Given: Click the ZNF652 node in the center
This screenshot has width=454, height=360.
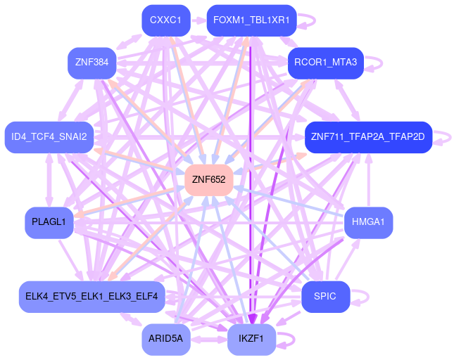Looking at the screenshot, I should (208, 180).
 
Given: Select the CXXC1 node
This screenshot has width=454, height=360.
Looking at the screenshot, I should (165, 20).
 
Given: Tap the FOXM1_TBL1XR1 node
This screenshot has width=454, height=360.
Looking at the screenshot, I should (251, 20).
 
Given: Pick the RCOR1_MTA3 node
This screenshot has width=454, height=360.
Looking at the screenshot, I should (325, 63).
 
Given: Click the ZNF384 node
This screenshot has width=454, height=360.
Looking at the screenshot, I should (92, 63).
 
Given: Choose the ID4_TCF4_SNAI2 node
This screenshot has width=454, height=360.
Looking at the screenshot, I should (49, 136).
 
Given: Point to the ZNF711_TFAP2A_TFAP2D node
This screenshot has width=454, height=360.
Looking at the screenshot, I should (367, 136).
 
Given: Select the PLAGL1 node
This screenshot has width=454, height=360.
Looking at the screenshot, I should (49, 222).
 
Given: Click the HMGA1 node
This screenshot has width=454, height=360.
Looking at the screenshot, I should (368, 222).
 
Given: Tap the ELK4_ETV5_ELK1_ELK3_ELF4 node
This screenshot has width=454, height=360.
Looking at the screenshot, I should (92, 296).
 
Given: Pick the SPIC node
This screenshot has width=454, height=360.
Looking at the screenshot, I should (325, 296).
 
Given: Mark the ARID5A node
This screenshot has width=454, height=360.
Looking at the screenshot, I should (165, 339).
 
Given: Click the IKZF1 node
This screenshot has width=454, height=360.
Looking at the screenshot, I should (251, 339).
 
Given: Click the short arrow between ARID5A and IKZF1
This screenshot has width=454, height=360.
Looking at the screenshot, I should (208, 340).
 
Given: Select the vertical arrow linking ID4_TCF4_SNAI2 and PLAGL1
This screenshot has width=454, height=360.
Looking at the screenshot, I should (49, 179).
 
